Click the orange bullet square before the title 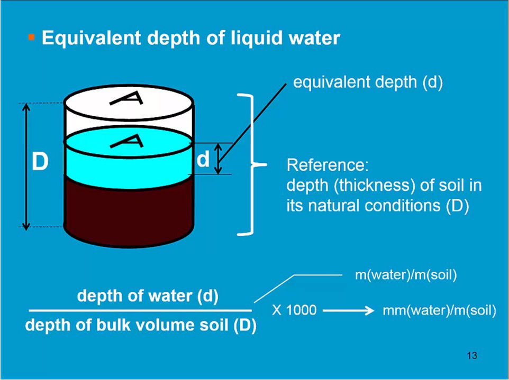(x=31, y=38)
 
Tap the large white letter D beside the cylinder (x=40, y=162)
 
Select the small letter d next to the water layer (x=203, y=160)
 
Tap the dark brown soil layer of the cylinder (x=127, y=211)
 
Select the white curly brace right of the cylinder (x=252, y=164)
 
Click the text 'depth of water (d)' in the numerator (x=148, y=296)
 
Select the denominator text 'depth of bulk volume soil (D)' (x=141, y=325)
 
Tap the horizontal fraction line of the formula (x=140, y=311)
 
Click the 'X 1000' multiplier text (x=294, y=310)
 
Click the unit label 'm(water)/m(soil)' (x=405, y=275)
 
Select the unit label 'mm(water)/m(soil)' (x=439, y=311)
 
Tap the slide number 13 (x=472, y=356)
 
